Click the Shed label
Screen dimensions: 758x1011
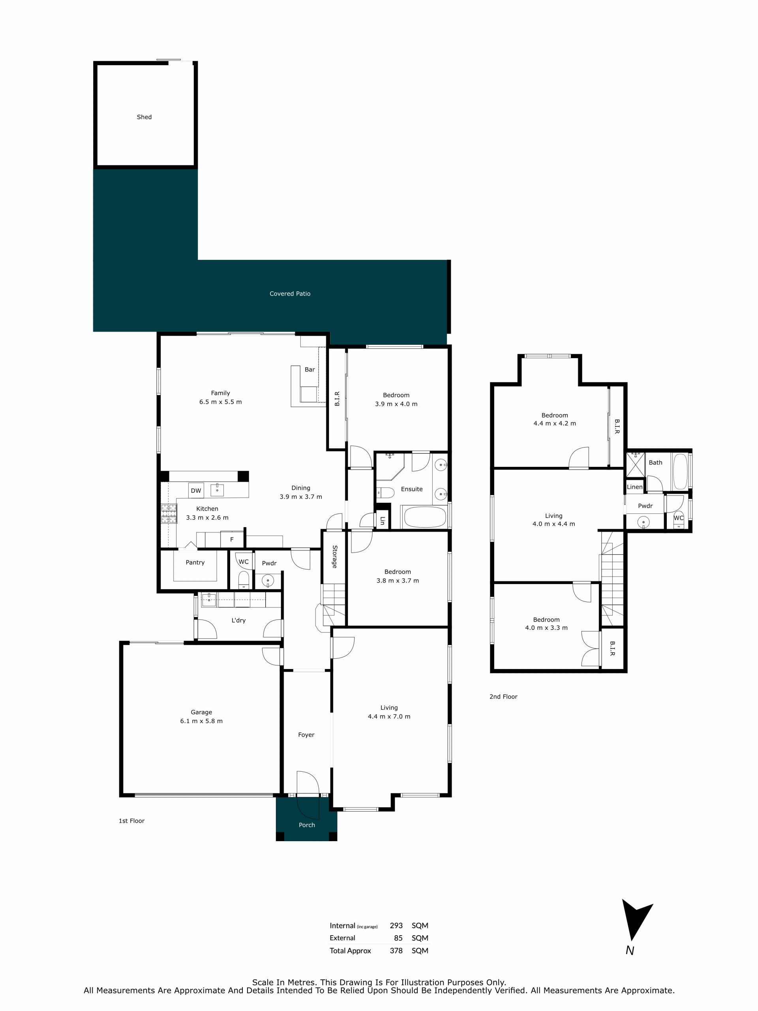(144, 117)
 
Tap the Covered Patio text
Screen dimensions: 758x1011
(290, 294)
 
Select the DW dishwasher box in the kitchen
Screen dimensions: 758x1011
(196, 491)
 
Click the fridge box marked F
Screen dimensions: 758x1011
(232, 539)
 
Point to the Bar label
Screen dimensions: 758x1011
(310, 369)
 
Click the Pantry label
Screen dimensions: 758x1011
(195, 563)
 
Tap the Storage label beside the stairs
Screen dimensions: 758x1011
(334, 557)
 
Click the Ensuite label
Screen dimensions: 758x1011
(412, 489)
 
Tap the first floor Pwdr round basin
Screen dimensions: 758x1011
(268, 581)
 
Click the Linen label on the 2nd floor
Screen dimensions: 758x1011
(635, 487)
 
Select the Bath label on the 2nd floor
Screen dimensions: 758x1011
(655, 462)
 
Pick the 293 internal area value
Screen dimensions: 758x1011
(396, 926)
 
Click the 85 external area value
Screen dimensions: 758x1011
(398, 938)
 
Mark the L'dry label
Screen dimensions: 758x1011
(238, 620)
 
